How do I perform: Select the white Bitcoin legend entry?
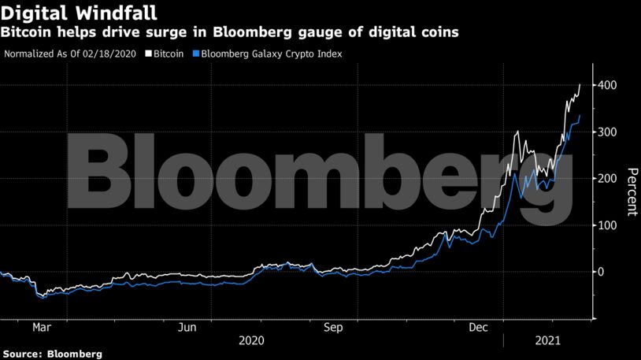tap(168, 54)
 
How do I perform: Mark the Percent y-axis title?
tap(631, 191)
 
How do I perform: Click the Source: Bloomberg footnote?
tap(52, 354)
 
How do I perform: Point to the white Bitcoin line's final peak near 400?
tap(580, 85)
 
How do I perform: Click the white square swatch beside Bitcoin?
tap(147, 54)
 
